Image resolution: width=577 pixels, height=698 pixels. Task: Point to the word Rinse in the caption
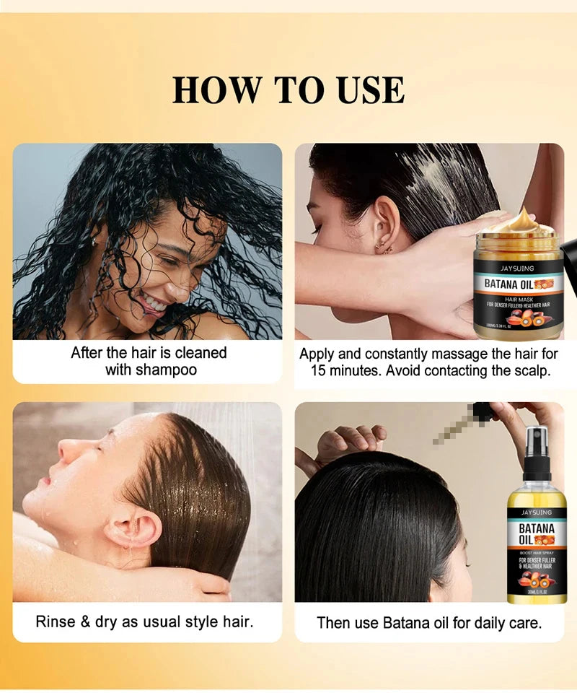point(56,621)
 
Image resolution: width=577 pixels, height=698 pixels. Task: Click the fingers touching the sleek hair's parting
point(349,437)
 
